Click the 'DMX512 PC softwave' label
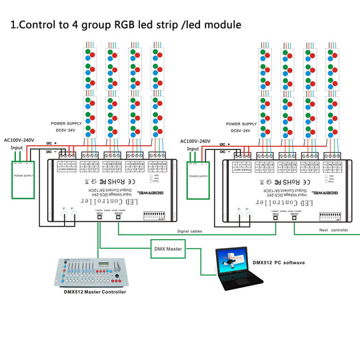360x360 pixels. point(278,263)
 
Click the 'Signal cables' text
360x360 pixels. point(191,231)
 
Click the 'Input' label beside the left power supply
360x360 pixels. point(15,149)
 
